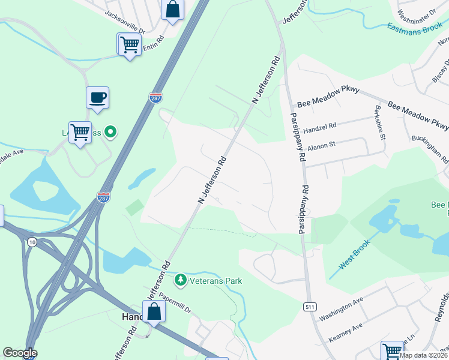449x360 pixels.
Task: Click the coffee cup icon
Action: pos(97,97)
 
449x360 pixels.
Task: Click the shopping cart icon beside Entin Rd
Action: pos(130,44)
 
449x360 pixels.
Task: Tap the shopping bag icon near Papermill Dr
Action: pos(154,311)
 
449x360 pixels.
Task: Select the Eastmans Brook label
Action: pos(415,27)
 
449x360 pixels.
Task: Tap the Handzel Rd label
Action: pos(320,127)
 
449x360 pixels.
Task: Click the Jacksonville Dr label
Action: pos(125,21)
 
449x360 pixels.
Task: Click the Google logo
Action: pos(20,353)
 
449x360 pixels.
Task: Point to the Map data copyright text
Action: pos(423,355)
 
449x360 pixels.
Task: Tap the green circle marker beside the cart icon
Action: pos(110,131)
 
